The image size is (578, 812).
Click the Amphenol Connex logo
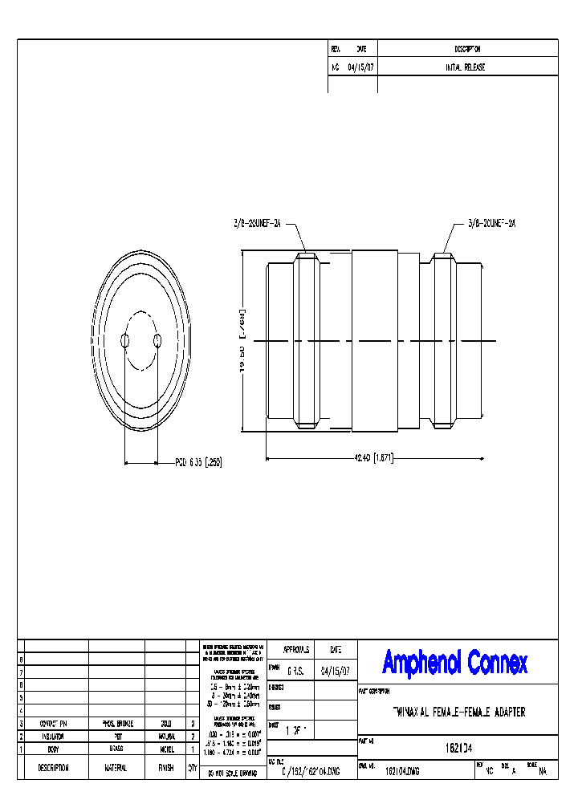pyautogui.click(x=455, y=663)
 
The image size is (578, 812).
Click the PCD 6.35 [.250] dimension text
pyautogui.click(x=197, y=462)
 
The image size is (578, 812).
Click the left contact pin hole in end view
pyautogui.click(x=124, y=342)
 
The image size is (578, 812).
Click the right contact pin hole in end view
pyautogui.click(x=157, y=342)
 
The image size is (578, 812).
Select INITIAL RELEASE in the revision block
pyautogui.click(x=466, y=67)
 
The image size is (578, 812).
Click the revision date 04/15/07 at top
pyautogui.click(x=360, y=67)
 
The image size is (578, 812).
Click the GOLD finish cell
pyautogui.click(x=166, y=724)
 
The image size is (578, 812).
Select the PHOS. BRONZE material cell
pyautogui.click(x=116, y=724)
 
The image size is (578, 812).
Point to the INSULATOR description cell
pyautogui.click(x=53, y=736)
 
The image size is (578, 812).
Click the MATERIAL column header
pyautogui.click(x=116, y=768)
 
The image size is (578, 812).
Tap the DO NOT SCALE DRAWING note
pyautogui.click(x=231, y=773)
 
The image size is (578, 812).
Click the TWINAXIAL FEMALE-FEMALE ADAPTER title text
pyautogui.click(x=459, y=713)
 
